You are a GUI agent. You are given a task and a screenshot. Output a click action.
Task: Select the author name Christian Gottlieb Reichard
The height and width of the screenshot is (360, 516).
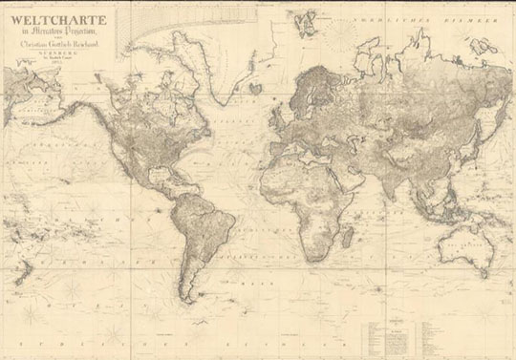[x=61, y=45]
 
